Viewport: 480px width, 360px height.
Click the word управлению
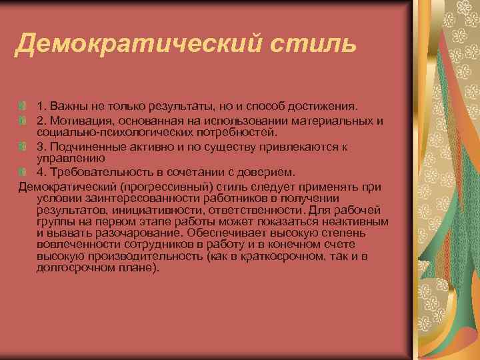coord(69,158)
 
